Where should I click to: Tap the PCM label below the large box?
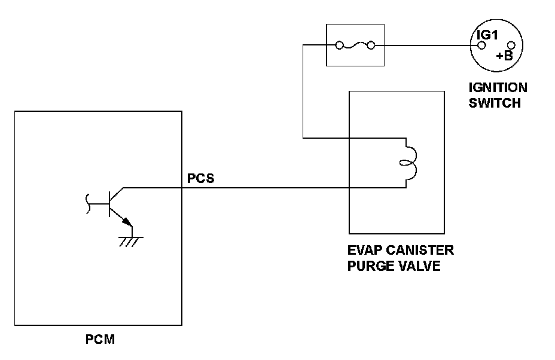[100, 341]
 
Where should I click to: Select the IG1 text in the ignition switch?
[486, 35]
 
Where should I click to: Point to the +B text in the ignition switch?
[504, 56]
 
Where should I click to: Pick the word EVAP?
[365, 250]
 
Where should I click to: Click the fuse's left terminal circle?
[339, 45]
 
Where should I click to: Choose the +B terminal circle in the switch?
[511, 45]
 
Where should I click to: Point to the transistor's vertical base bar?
[109, 203]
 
